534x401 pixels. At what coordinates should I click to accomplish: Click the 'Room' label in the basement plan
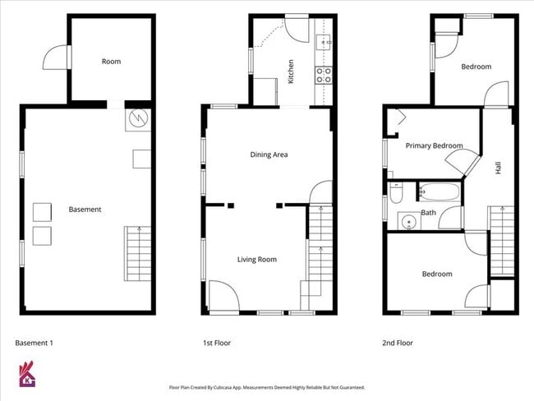(x=112, y=61)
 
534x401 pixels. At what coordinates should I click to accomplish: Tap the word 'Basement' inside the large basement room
(x=85, y=210)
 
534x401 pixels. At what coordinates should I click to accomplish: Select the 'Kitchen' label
(x=290, y=71)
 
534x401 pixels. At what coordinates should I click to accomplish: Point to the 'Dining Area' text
(x=269, y=154)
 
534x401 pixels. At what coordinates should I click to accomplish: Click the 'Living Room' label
(x=256, y=260)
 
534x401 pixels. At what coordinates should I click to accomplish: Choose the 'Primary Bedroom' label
(x=435, y=146)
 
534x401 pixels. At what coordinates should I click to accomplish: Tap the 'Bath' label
(x=428, y=213)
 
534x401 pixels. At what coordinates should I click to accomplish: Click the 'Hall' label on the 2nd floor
(x=498, y=167)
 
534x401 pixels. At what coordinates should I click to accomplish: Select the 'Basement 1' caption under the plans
(x=35, y=343)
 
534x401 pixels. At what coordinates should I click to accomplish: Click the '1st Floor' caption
(x=216, y=343)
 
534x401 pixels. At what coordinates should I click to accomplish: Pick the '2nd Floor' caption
(x=398, y=343)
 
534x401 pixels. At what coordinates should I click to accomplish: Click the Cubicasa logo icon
(x=27, y=376)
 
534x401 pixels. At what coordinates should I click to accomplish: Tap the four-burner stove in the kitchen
(x=324, y=76)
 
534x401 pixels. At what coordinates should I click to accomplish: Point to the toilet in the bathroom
(x=396, y=195)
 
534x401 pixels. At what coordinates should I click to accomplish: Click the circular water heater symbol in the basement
(x=139, y=120)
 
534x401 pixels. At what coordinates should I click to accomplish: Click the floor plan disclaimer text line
(x=266, y=387)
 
